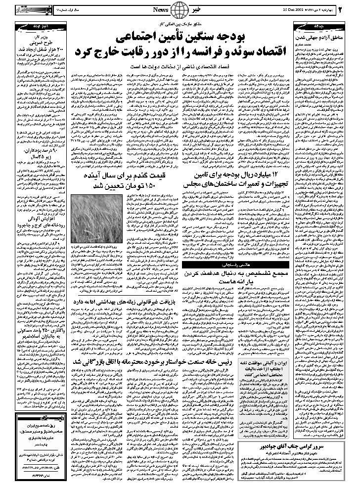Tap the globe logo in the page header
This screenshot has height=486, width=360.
click(180, 9)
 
